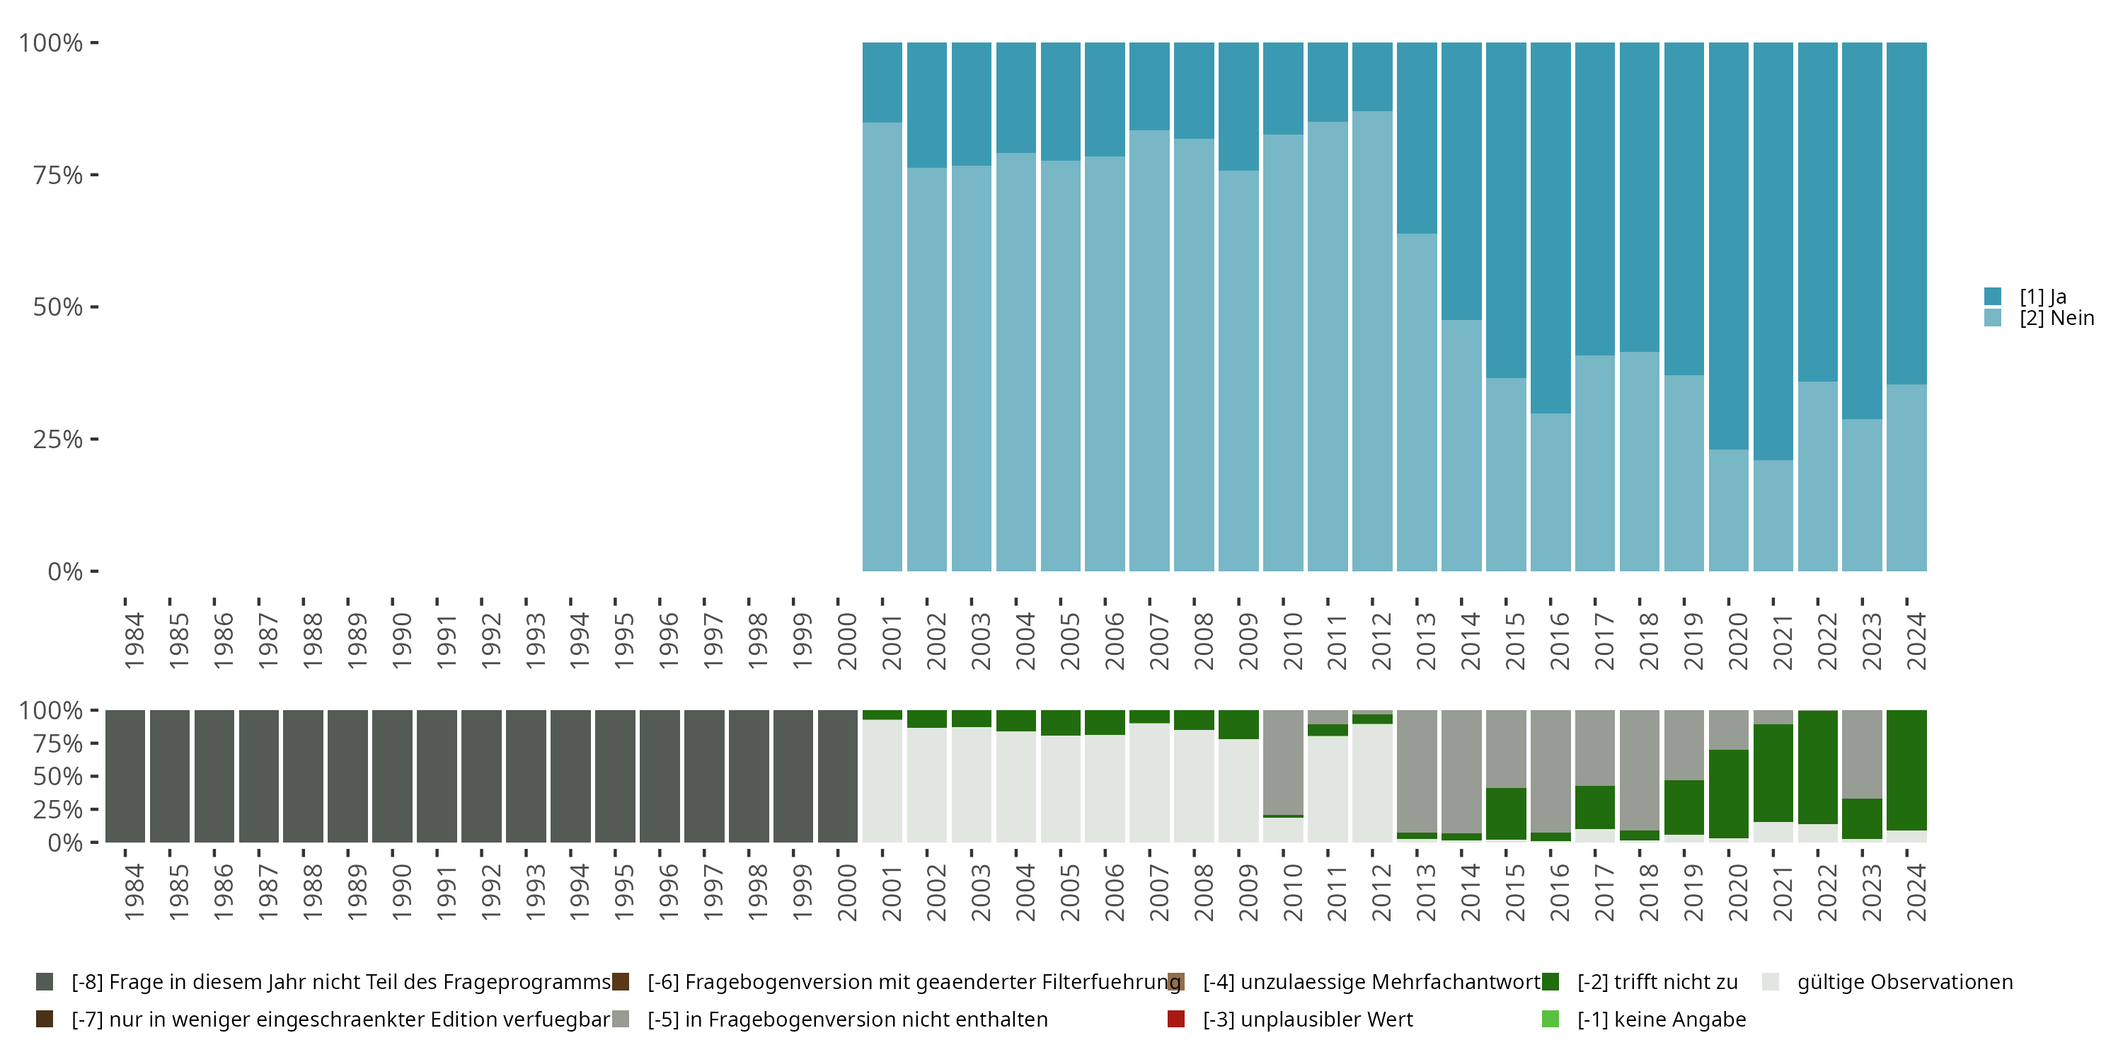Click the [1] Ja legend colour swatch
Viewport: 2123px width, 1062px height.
point(1993,296)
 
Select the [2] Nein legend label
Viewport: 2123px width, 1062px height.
point(2056,319)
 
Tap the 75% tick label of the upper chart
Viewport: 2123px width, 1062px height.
point(58,175)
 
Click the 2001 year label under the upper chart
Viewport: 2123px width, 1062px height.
point(892,641)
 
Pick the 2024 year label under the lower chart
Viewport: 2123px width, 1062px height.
point(1916,892)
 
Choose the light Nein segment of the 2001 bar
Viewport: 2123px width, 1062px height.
point(882,346)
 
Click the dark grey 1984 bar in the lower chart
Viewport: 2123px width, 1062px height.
point(125,776)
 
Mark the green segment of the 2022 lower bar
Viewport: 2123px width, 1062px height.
point(1817,767)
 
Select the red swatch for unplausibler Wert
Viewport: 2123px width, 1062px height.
point(1176,1019)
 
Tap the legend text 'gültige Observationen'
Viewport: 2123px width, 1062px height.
point(1904,982)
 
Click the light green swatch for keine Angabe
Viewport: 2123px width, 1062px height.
point(1550,1019)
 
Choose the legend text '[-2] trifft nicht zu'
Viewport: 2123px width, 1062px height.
point(1657,982)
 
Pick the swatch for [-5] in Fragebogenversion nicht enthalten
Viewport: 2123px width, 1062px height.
point(621,1019)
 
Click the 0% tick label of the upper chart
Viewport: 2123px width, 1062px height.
point(65,571)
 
